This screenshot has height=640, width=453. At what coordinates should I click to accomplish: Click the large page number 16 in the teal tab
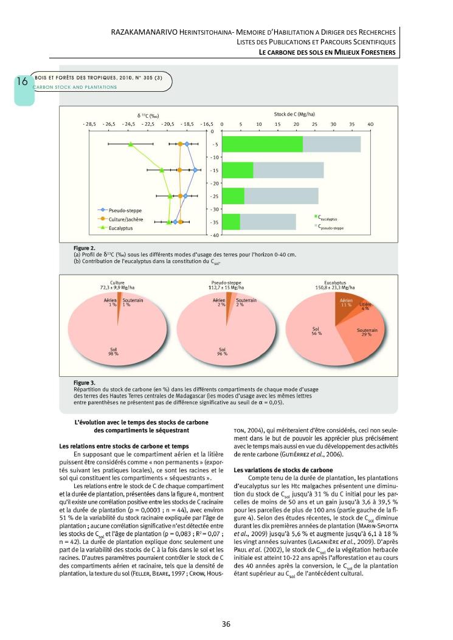click(21, 81)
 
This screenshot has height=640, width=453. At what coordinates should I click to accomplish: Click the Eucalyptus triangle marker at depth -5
click(131, 145)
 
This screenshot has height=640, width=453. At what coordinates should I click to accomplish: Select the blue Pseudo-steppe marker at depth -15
click(195, 171)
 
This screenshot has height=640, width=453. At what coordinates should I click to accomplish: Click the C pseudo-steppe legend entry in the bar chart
click(331, 226)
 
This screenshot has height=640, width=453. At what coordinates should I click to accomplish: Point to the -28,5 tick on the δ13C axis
click(89, 123)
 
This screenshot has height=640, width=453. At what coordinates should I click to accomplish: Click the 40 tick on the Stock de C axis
click(370, 123)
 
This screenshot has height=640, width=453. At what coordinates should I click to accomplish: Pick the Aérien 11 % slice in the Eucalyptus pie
click(345, 303)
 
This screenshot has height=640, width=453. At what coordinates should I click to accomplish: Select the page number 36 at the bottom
click(226, 624)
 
